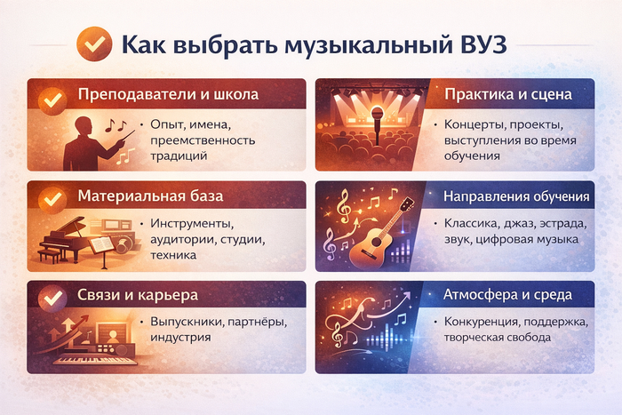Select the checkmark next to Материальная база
52,196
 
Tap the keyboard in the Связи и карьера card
94,360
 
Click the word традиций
180,156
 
